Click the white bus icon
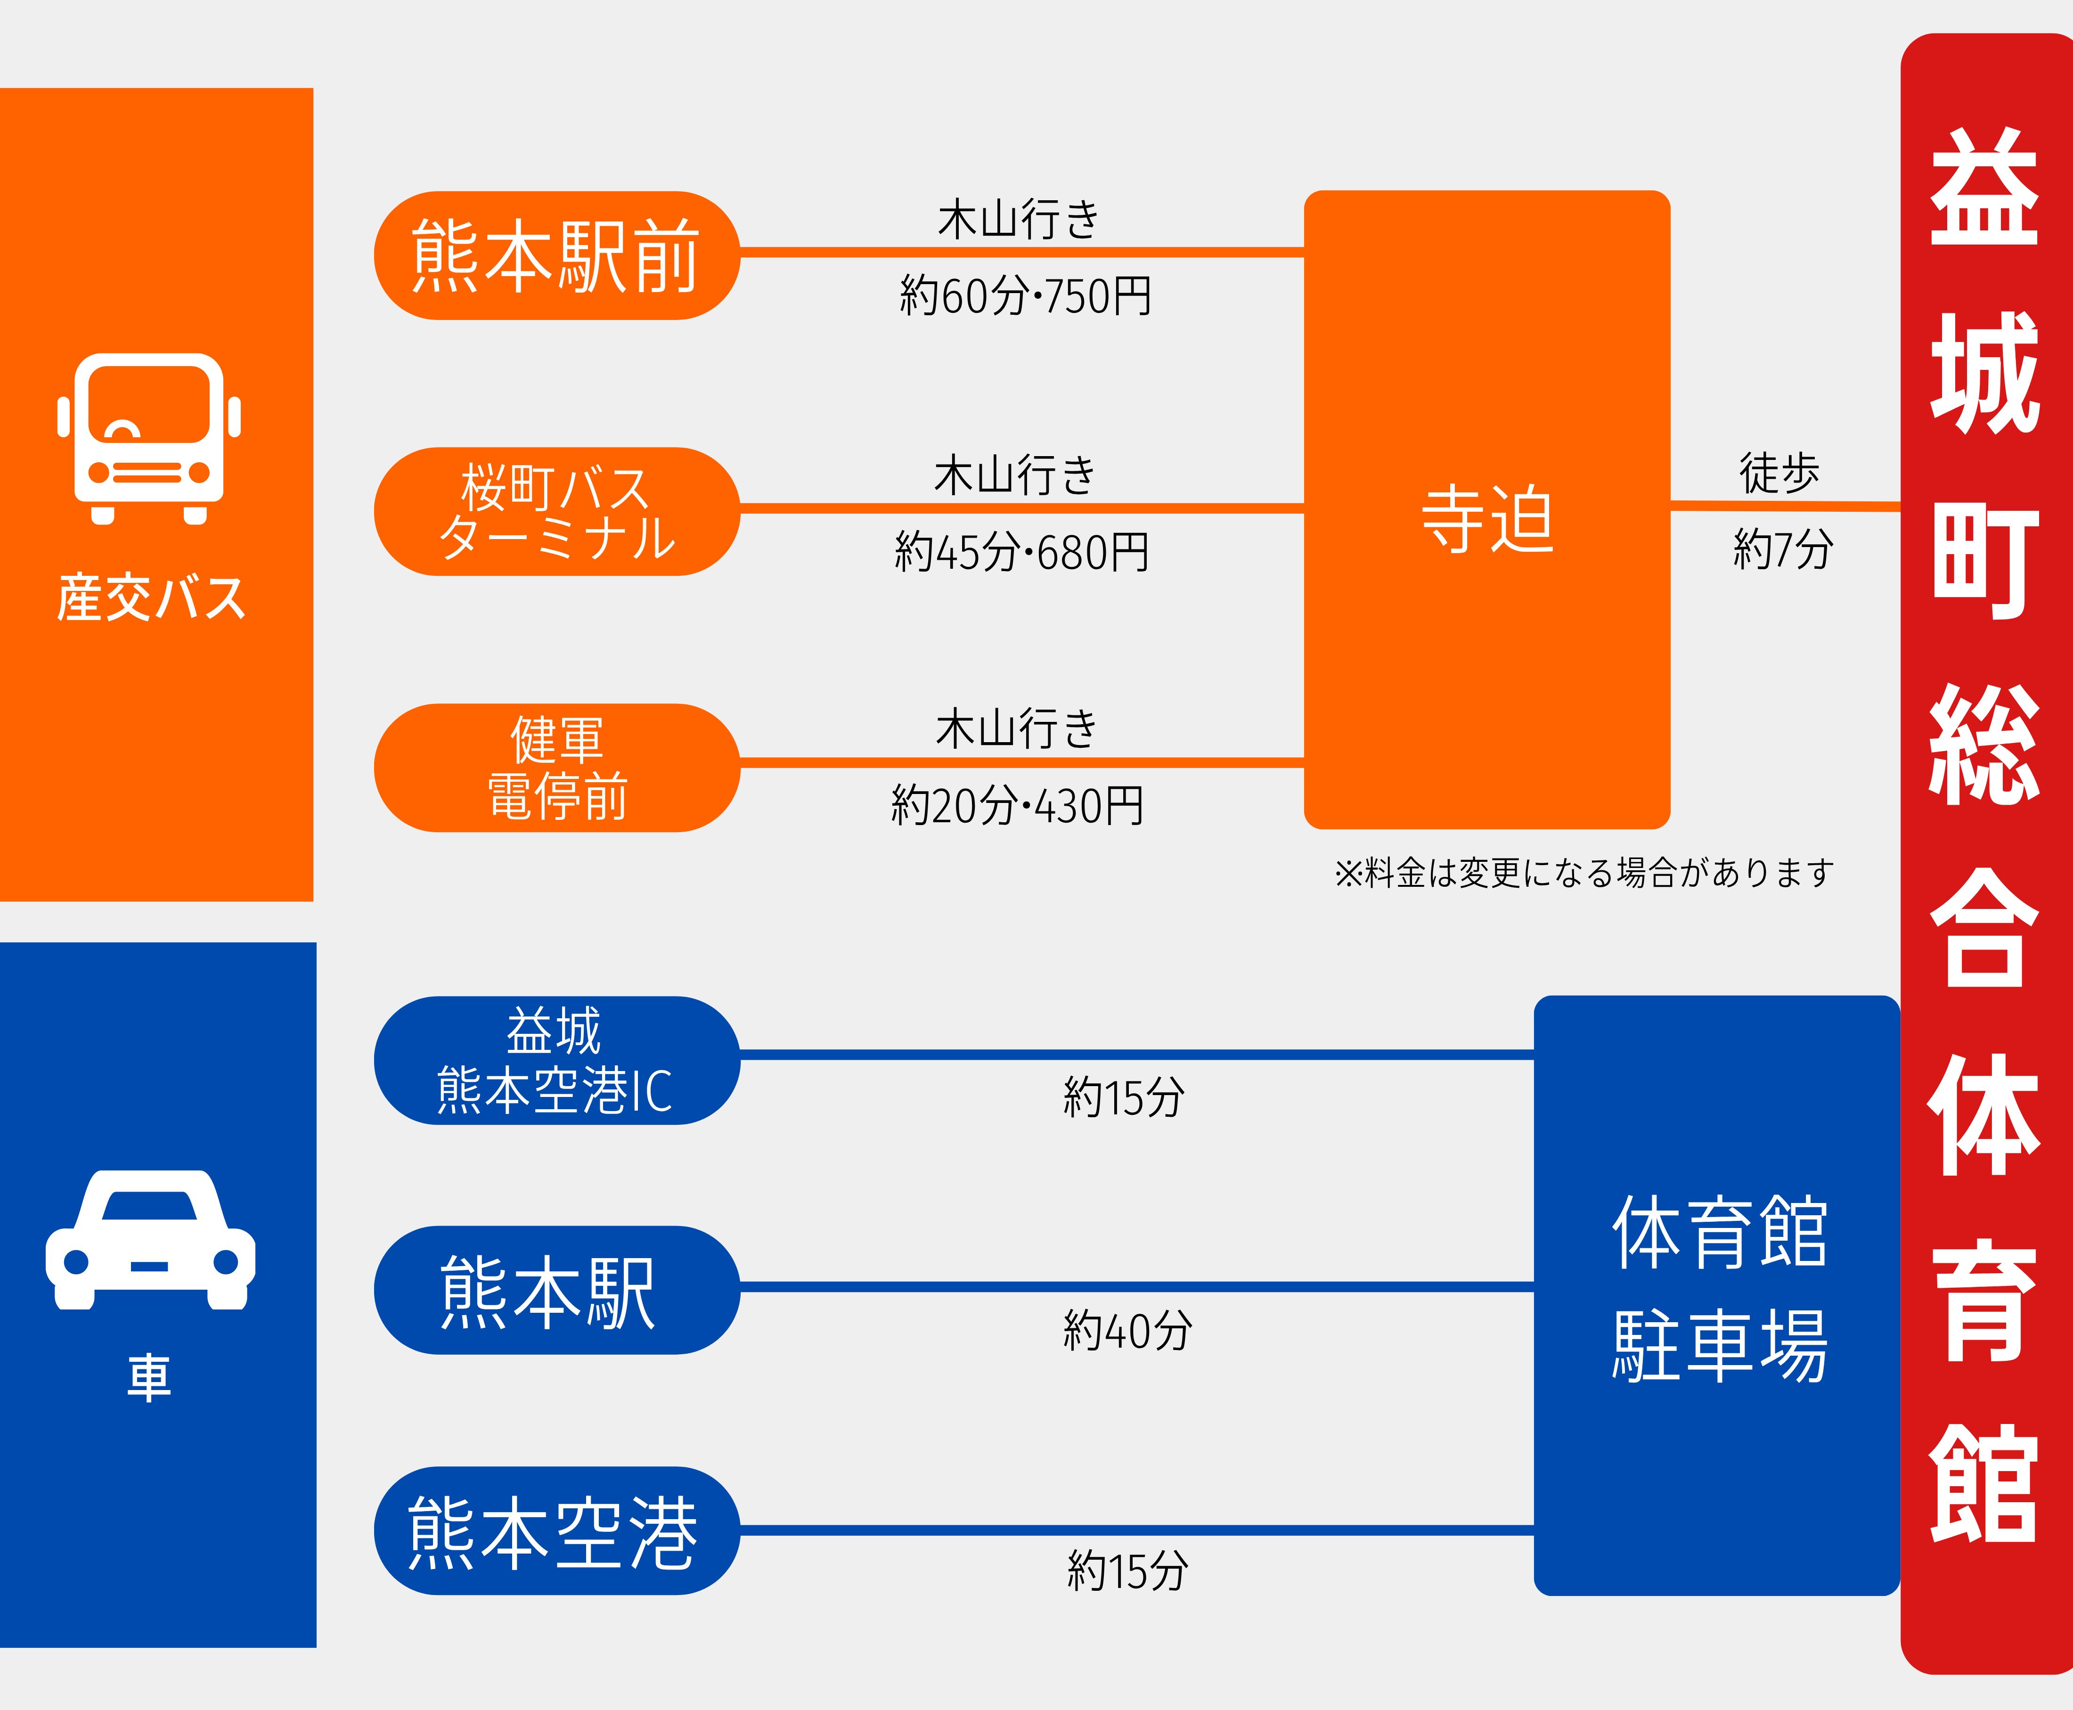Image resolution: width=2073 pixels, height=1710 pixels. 149,438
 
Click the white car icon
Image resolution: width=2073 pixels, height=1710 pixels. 150,1239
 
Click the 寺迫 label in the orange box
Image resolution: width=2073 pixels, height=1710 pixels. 1487,519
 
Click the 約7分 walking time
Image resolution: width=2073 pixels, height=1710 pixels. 1782,548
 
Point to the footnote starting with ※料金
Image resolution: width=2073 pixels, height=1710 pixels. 1583,873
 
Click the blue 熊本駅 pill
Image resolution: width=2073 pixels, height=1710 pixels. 556,1290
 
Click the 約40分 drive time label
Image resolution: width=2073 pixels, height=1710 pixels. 1127,1331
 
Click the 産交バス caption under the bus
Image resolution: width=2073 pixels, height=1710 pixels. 151,598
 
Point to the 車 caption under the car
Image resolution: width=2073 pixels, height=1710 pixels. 150,1377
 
